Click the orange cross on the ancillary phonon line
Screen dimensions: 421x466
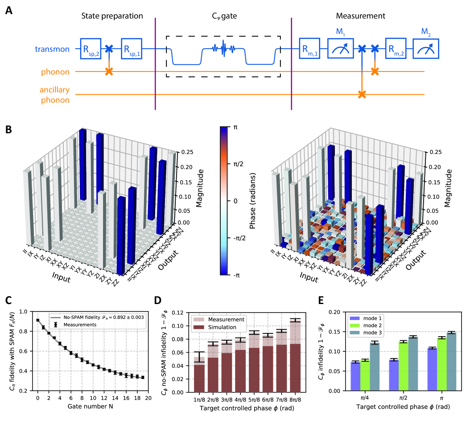pyautogui.click(x=362, y=94)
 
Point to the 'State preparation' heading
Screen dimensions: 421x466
pyautogui.click(x=112, y=16)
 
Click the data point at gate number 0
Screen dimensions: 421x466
pyautogui.click(x=38, y=320)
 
